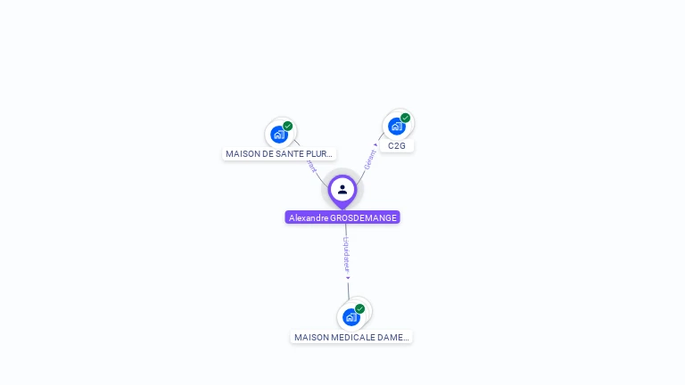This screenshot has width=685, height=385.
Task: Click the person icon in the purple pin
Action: (x=342, y=189)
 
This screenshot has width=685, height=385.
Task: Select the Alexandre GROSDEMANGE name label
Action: (x=342, y=217)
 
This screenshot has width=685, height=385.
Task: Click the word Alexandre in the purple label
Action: (x=309, y=217)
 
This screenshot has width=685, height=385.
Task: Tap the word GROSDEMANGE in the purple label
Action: (x=364, y=217)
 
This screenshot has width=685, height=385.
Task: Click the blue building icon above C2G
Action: (x=396, y=127)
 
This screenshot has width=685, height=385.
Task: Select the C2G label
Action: (x=397, y=145)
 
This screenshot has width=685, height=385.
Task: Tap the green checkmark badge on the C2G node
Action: (x=406, y=118)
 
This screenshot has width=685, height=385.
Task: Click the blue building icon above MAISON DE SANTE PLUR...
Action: (x=279, y=135)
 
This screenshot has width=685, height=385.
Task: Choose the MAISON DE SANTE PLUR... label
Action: (x=279, y=154)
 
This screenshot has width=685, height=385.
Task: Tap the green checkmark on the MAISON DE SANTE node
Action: (x=288, y=126)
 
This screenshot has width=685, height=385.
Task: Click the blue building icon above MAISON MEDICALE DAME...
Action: (x=351, y=317)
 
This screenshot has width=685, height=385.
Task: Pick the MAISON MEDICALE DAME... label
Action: (x=351, y=338)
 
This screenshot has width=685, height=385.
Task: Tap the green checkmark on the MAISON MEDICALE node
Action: (x=360, y=308)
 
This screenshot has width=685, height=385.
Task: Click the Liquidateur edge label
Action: (x=346, y=253)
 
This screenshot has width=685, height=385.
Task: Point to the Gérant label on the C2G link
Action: (x=369, y=159)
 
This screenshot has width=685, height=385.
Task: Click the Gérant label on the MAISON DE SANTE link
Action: (x=310, y=166)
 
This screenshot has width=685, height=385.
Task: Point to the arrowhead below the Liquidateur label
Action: (x=348, y=278)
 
